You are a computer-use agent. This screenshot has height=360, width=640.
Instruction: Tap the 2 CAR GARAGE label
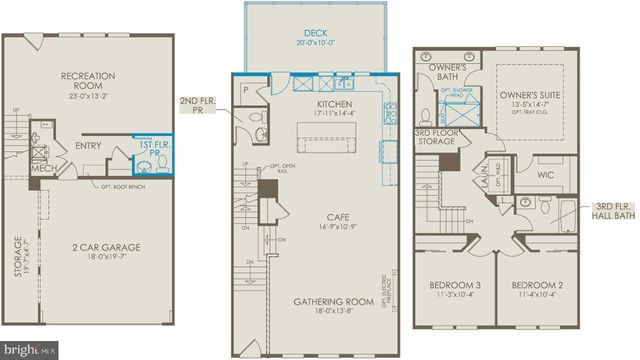(x=98, y=247)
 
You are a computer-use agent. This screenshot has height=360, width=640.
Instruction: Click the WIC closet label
(x=544, y=176)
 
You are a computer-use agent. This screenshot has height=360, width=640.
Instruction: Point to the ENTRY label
(x=88, y=146)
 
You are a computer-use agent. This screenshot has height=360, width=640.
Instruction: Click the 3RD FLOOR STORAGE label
(x=437, y=139)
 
